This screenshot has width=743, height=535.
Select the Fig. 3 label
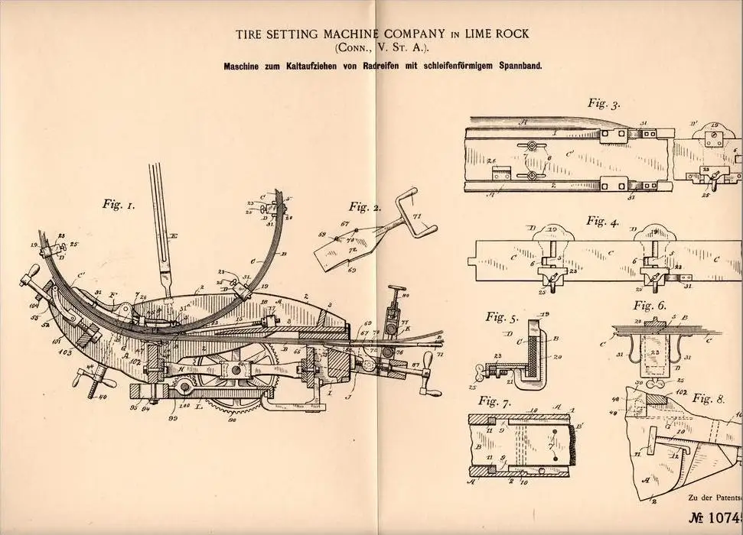pos(604,102)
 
